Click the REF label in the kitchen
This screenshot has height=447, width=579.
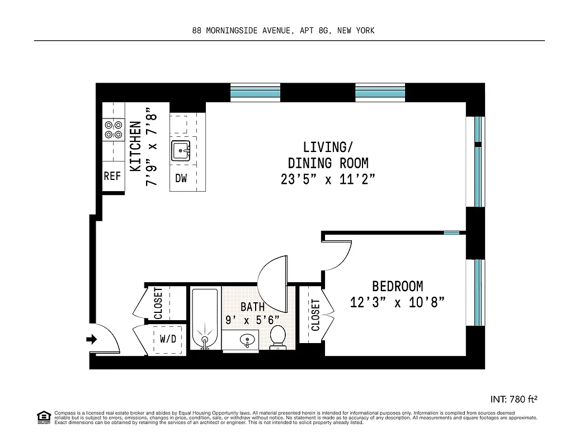click(112, 176)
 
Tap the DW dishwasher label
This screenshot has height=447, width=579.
click(181, 179)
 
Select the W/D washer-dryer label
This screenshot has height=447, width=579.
click(168, 339)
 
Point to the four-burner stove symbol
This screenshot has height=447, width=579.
click(112, 130)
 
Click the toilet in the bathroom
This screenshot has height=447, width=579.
click(277, 337)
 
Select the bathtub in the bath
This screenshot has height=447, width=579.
click(205, 318)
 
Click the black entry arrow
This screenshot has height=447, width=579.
click(92, 339)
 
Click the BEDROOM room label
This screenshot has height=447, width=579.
click(397, 286)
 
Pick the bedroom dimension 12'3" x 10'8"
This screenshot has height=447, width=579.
click(397, 303)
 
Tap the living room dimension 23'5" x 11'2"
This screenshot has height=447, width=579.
click(328, 180)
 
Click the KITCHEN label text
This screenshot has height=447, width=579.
click(135, 146)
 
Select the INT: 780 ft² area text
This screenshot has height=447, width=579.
click(513, 400)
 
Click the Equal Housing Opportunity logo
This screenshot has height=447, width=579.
click(43, 417)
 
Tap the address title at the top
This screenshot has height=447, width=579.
click(283, 31)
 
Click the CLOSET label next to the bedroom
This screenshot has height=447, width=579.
click(316, 315)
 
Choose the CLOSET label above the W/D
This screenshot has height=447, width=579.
click(158, 303)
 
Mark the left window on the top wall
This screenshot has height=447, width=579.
click(256, 93)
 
